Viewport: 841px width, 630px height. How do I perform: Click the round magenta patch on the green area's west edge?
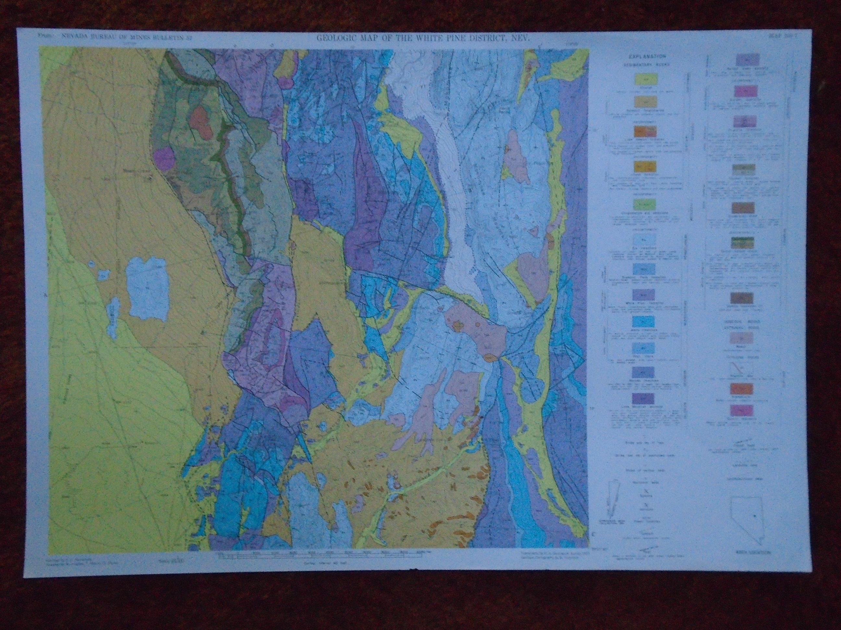click(164, 157)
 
